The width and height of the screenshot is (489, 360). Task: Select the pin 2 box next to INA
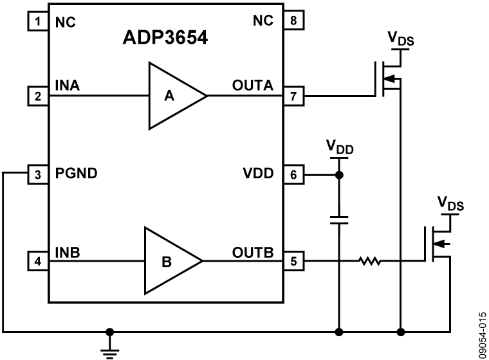(38, 98)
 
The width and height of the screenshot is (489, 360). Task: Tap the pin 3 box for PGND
(38, 174)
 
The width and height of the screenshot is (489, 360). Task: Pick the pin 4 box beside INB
(38, 261)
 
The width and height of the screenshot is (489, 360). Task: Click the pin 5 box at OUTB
(293, 261)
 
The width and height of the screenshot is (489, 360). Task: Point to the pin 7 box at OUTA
(293, 98)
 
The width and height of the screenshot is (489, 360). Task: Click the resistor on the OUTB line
(370, 261)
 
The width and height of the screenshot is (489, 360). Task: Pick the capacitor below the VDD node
(338, 220)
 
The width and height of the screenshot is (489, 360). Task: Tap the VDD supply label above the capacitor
(339, 150)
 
